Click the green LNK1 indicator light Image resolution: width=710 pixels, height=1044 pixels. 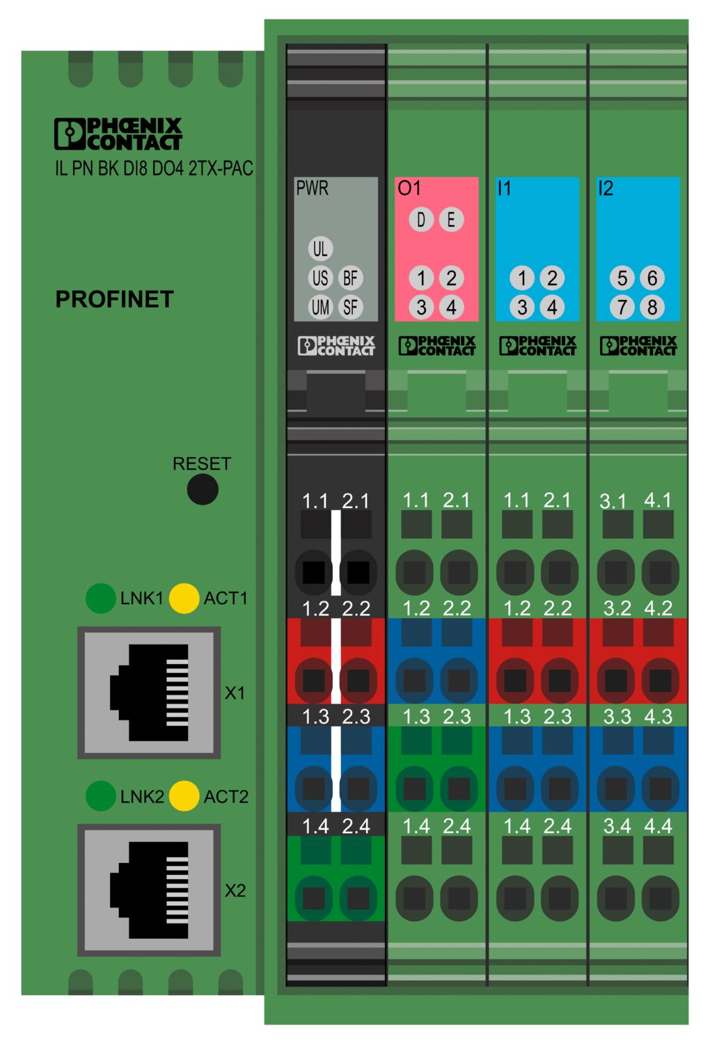pyautogui.click(x=101, y=598)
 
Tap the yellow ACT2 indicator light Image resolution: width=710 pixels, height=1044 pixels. pyautogui.click(x=184, y=796)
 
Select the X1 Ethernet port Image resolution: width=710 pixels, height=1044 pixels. pyautogui.click(x=149, y=693)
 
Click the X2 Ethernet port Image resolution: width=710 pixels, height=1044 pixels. pyautogui.click(x=149, y=890)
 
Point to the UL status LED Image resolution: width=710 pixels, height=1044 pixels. pyautogui.click(x=320, y=248)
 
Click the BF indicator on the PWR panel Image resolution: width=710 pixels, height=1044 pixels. pyautogui.click(x=350, y=278)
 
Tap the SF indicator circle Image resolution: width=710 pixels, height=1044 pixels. pyautogui.click(x=350, y=308)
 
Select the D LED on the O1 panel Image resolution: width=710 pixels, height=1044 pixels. pyautogui.click(x=421, y=219)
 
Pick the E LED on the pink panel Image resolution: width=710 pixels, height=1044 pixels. pyautogui.click(x=451, y=219)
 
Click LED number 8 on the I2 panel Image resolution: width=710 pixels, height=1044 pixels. pyautogui.click(x=652, y=308)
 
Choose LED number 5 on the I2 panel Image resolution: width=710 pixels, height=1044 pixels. pyautogui.click(x=622, y=278)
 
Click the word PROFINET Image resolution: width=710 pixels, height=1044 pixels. pyautogui.click(x=115, y=299)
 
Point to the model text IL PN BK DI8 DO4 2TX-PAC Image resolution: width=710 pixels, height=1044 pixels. pyautogui.click(x=155, y=168)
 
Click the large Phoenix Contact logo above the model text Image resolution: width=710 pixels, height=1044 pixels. pyautogui.click(x=118, y=134)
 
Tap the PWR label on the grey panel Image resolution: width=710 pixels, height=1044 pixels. pyautogui.click(x=313, y=189)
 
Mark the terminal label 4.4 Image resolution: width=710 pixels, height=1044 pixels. pyautogui.click(x=658, y=826)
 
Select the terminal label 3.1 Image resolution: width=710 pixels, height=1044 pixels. pyautogui.click(x=613, y=502)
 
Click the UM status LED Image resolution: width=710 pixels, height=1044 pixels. pyautogui.click(x=320, y=308)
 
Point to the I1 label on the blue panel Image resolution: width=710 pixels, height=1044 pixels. pyautogui.click(x=504, y=189)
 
